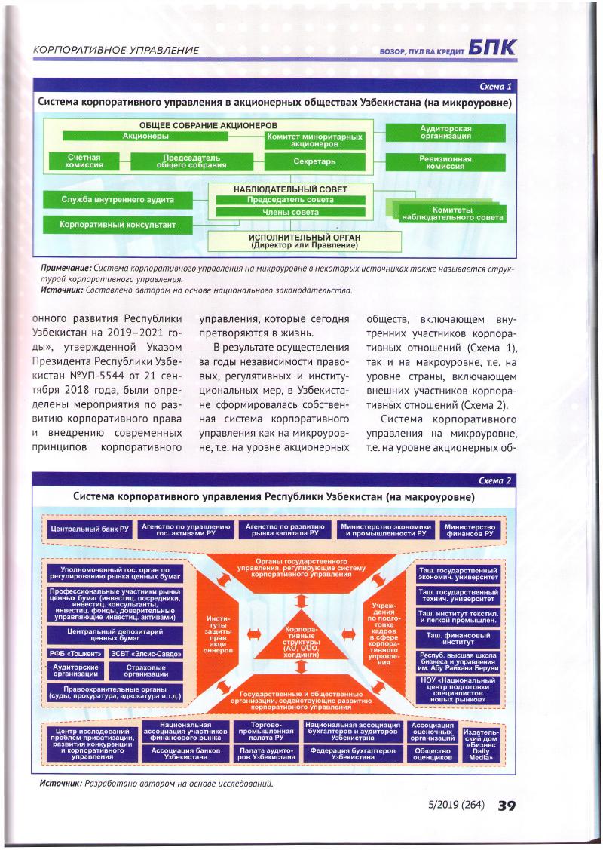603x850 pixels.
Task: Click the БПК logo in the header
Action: pos(491,48)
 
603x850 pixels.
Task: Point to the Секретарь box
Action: pos(314,161)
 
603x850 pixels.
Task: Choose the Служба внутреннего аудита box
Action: pos(119,200)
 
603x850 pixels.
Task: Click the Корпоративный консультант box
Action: pos(119,224)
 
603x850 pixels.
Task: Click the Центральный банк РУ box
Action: pos(87,529)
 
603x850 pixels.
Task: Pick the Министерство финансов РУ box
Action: pos(470,529)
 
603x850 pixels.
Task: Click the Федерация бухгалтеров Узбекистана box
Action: pos(351,755)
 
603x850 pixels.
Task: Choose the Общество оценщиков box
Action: pos(433,755)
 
